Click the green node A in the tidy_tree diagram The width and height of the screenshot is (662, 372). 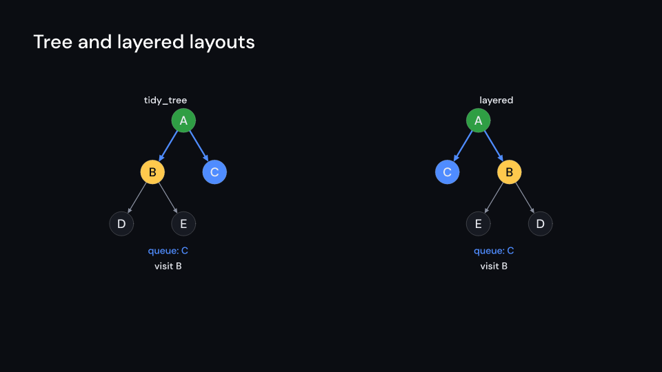pyautogui.click(x=183, y=120)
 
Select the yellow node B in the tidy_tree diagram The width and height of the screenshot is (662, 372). pyautogui.click(x=152, y=172)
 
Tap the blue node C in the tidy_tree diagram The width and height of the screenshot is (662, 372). pyautogui.click(x=214, y=172)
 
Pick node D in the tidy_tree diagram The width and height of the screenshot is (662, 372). pyautogui.click(x=121, y=223)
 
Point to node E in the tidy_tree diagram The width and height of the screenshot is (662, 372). pyautogui.click(x=183, y=223)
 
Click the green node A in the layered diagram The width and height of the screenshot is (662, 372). pyautogui.click(x=479, y=120)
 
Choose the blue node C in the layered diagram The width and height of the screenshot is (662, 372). pyautogui.click(x=447, y=172)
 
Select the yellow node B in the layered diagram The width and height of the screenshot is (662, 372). pyautogui.click(x=509, y=172)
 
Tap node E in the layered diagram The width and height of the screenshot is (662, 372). pyautogui.click(x=479, y=223)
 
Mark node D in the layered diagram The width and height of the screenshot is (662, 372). pyautogui.click(x=541, y=223)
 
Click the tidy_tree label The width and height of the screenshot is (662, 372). pyautogui.click(x=165, y=101)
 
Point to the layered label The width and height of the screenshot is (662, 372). pyautogui.click(x=496, y=101)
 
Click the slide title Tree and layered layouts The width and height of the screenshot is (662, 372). pyautogui.click(x=144, y=42)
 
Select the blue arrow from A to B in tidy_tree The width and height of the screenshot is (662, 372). pyautogui.click(x=168, y=146)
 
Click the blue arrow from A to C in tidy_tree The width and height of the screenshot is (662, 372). pyautogui.click(x=199, y=146)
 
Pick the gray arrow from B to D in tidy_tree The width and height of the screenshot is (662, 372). pyautogui.click(x=137, y=198)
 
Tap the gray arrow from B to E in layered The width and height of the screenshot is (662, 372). pyautogui.click(x=494, y=198)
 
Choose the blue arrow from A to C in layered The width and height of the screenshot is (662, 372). pyautogui.click(x=463, y=146)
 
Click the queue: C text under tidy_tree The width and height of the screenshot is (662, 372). pyautogui.click(x=168, y=251)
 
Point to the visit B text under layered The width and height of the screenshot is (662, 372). pyautogui.click(x=494, y=266)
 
